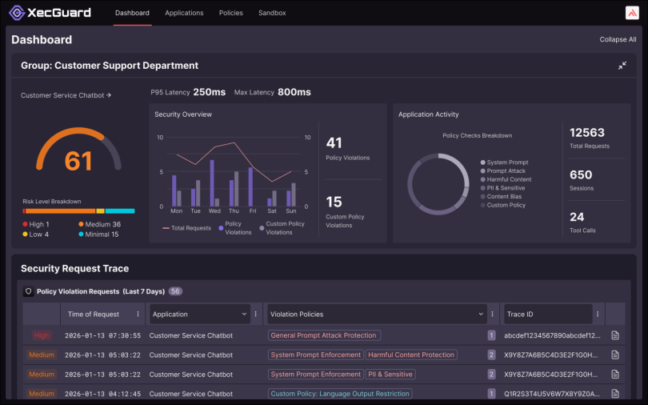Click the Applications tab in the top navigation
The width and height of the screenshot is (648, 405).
(184, 13)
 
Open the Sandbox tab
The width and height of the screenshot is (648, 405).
(272, 13)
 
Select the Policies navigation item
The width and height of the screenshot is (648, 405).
(231, 13)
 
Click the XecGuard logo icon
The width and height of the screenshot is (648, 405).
(17, 13)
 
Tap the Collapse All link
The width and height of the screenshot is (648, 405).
(618, 39)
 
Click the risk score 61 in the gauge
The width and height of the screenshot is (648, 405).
(78, 161)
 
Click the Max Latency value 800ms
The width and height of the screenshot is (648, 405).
(294, 93)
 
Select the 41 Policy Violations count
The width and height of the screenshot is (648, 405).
(334, 143)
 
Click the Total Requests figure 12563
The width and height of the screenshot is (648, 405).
(586, 133)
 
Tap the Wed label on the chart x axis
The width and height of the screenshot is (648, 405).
(214, 211)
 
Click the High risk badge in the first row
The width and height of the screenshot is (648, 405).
(42, 335)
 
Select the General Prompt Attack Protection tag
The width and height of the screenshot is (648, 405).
(324, 335)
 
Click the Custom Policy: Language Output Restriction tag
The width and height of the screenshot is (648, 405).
(340, 394)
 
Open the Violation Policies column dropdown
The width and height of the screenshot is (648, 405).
(481, 315)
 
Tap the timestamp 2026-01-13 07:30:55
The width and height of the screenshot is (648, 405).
(104, 335)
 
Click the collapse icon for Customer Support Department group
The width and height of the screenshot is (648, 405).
(622, 66)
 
